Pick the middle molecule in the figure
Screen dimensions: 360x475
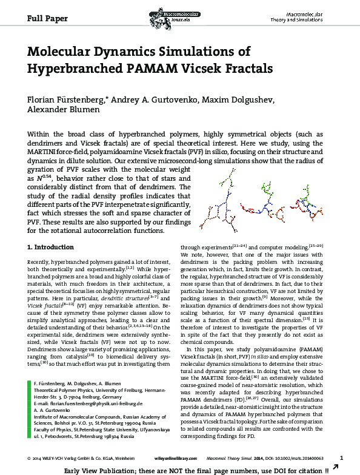pyautogui.click(x=265, y=199)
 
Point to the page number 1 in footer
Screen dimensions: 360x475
pyautogui.click(x=342, y=457)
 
